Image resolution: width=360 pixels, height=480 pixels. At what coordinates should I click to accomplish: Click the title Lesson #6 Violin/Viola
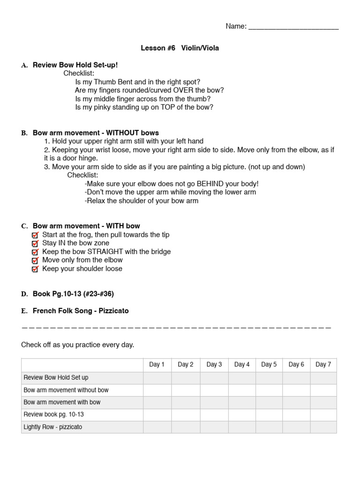click(180, 48)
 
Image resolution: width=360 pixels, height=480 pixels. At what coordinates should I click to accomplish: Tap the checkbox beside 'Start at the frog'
click(35, 235)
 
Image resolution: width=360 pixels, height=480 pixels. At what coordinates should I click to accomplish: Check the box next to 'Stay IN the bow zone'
click(35, 243)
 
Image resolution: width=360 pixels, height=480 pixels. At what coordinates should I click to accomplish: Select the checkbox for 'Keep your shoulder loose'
click(35, 269)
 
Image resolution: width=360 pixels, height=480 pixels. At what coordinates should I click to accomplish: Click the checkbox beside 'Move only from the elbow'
click(35, 260)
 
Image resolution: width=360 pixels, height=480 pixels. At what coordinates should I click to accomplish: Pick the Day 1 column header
click(157, 365)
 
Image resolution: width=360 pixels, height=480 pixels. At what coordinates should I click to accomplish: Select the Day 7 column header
click(323, 365)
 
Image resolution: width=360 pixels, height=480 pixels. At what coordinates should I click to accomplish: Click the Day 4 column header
click(242, 365)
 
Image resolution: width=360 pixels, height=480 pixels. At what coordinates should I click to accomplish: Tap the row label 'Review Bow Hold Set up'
click(56, 377)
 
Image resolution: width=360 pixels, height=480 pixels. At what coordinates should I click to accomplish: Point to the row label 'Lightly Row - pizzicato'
click(52, 427)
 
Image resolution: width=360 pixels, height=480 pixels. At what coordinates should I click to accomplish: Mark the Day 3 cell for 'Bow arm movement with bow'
click(214, 402)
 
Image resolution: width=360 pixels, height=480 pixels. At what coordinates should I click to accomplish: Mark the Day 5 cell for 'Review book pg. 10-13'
click(269, 415)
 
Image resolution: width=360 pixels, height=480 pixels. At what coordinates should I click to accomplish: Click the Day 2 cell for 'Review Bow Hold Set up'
click(186, 377)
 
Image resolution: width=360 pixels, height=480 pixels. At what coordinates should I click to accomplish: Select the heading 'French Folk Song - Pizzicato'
click(81, 311)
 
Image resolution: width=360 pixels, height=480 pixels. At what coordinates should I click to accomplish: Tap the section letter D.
click(24, 294)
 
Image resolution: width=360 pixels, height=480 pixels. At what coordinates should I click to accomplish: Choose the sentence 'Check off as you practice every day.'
click(78, 345)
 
